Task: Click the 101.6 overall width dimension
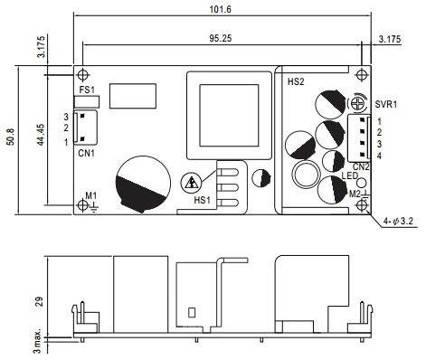click(x=220, y=9)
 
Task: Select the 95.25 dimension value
click(x=221, y=38)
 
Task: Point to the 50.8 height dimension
click(x=10, y=137)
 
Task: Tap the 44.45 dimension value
click(x=41, y=135)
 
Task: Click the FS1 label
click(x=87, y=90)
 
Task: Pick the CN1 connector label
click(x=86, y=153)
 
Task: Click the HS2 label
click(x=296, y=81)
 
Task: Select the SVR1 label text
click(x=386, y=104)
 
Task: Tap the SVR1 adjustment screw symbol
click(x=357, y=104)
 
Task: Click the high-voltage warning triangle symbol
click(x=191, y=183)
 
